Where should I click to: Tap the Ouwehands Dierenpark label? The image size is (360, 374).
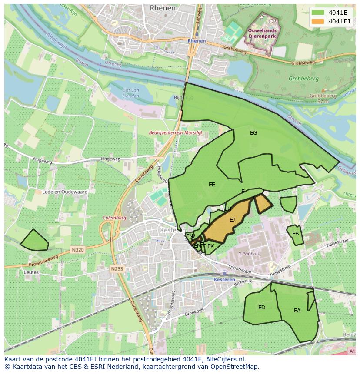262,34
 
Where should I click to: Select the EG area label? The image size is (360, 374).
253,133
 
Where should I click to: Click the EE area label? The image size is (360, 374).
212,185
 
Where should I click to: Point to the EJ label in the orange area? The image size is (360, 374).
232,220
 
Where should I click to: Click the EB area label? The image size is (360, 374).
295,234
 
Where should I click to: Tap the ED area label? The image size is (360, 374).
262,308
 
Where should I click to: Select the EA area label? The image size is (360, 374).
297,311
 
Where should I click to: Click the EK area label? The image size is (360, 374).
211,246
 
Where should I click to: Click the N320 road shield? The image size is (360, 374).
77,250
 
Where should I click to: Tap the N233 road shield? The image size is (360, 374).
117,269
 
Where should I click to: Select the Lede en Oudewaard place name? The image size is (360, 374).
65,192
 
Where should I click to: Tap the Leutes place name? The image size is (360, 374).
31,272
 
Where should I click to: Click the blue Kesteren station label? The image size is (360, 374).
224,280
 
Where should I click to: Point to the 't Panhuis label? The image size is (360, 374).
249,254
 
